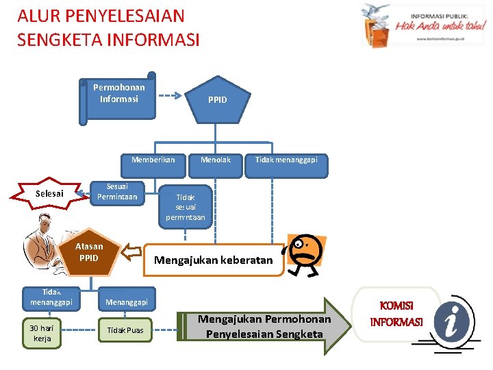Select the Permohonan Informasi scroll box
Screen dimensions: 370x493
(x=119, y=95)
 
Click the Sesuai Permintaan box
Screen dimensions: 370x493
(x=117, y=192)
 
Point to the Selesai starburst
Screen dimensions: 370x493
(x=49, y=194)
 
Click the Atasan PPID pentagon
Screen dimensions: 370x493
(x=92, y=253)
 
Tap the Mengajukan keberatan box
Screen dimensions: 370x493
(x=214, y=260)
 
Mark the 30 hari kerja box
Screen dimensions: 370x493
(x=42, y=333)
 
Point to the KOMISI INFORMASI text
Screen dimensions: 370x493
(x=396, y=314)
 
